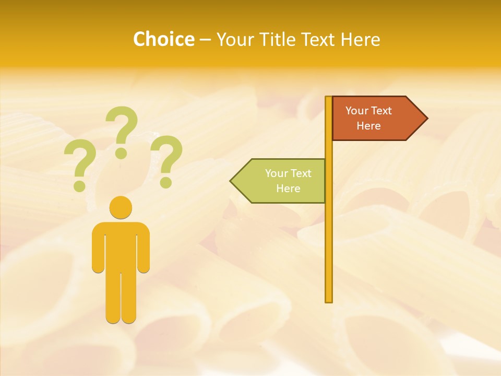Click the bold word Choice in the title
click(x=163, y=39)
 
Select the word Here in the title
click(x=361, y=39)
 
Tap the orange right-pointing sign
click(x=376, y=119)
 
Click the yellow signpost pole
click(x=329, y=235)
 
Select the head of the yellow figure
click(x=121, y=208)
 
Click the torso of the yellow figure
click(x=121, y=245)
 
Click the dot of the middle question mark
click(x=121, y=153)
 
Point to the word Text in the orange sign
click(x=381, y=111)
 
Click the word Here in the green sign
click(x=288, y=189)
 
